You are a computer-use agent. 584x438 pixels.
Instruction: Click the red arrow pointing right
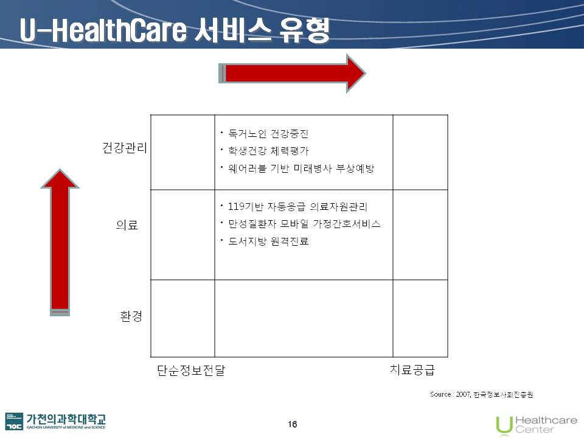point(292,74)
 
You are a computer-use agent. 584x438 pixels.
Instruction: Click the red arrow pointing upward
point(60,242)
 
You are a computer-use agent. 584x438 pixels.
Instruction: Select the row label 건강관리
point(125,148)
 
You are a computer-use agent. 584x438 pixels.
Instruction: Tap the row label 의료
point(127,224)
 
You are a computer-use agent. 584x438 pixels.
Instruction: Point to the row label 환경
point(131,316)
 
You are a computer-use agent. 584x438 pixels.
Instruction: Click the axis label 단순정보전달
point(191,370)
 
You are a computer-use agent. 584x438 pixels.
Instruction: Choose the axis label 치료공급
point(412,369)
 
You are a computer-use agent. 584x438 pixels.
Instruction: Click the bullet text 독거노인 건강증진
point(268,133)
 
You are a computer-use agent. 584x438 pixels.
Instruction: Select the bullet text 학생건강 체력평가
point(268,151)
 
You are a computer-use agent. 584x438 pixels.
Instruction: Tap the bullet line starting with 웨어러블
point(301,169)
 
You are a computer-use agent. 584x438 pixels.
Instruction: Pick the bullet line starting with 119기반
point(297,206)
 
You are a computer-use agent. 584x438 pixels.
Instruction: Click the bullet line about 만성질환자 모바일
point(304,224)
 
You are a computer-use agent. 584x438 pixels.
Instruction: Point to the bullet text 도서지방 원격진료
point(268,242)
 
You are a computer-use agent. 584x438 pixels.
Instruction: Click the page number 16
point(293,424)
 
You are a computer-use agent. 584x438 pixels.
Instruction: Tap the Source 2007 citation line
point(482,394)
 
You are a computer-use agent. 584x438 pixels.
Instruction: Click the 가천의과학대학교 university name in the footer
point(66,419)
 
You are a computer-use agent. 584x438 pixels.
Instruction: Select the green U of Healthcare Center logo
point(504,425)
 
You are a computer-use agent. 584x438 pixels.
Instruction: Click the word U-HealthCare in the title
point(103,30)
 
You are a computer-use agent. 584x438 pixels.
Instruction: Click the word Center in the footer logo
point(535,429)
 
